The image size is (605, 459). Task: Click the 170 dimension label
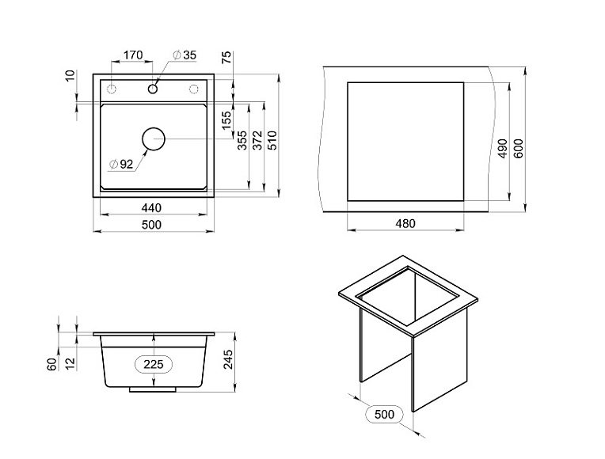131,55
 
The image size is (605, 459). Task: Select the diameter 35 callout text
185,55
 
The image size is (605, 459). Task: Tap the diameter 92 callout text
122,164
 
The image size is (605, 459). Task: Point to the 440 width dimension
151,207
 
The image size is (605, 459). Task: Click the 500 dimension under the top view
151,225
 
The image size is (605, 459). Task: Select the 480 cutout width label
405,224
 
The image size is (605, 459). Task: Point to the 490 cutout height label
502,149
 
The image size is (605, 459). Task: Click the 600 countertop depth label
519,149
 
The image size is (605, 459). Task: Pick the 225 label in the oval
154,364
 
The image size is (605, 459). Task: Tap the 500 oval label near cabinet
384,414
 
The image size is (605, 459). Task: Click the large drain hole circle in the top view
154,138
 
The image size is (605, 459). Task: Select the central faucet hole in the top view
153,88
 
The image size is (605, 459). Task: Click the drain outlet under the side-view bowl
154,389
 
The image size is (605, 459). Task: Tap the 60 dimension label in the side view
51,365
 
